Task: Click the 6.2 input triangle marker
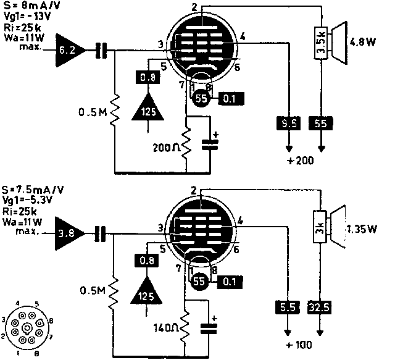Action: point(67,51)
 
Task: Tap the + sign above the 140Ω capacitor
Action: point(214,319)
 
